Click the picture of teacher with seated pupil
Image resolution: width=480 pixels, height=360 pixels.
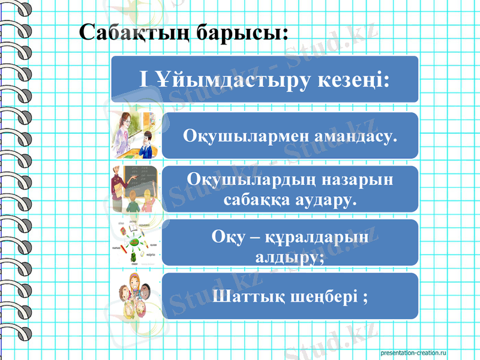[x=134, y=134]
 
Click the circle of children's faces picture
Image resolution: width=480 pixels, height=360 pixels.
[x=134, y=296]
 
